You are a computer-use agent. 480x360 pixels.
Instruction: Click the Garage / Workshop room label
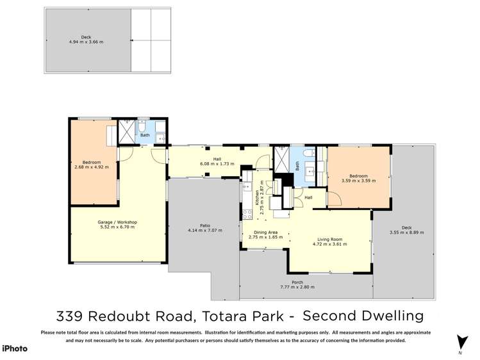[x=119, y=222]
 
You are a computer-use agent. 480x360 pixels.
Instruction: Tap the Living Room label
[x=329, y=240]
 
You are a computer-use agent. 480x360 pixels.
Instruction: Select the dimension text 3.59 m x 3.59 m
[x=358, y=181]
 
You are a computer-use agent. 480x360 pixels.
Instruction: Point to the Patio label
[x=204, y=225]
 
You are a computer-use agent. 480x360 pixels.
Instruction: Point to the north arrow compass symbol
[x=459, y=343]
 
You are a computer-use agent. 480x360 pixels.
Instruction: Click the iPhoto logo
[x=15, y=348]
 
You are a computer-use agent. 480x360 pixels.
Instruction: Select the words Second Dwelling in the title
[x=363, y=316]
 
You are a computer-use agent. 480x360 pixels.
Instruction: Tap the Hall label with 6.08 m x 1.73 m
[x=217, y=164]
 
